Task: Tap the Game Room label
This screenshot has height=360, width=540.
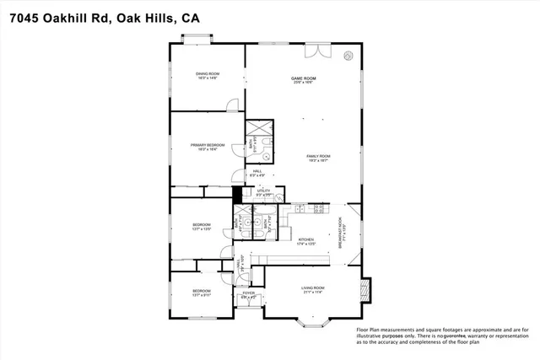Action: (303, 79)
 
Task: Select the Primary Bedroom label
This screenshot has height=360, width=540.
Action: (207, 146)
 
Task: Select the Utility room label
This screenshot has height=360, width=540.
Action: (264, 193)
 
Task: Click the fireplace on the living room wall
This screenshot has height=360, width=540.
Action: (365, 290)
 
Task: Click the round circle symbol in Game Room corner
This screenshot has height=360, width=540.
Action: (348, 56)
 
